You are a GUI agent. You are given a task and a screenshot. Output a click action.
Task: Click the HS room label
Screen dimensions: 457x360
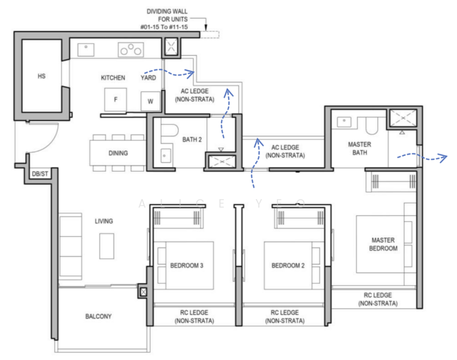point(41,76)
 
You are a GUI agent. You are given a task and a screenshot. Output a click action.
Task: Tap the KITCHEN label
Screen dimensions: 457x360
point(113,78)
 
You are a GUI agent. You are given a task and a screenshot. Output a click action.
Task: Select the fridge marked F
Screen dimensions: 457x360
point(115,100)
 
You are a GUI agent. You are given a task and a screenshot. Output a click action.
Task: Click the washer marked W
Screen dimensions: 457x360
point(150,101)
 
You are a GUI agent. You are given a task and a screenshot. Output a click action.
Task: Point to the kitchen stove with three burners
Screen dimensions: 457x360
point(130,50)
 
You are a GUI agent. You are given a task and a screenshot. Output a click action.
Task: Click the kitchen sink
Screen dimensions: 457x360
point(86,50)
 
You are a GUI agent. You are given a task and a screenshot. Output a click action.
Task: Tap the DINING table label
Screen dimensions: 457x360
point(118,153)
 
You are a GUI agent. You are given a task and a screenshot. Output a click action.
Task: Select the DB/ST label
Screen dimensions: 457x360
point(40,174)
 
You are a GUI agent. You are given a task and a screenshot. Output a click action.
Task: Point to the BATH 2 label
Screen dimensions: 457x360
point(192,140)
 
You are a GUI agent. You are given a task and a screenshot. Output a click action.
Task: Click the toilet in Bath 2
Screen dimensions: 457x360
point(169,130)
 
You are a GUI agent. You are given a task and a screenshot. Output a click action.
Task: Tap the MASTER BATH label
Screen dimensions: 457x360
point(360,148)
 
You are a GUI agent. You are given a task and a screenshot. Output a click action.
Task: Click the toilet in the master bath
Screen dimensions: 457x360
point(372,125)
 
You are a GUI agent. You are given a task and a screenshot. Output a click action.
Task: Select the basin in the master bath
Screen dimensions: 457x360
point(344,122)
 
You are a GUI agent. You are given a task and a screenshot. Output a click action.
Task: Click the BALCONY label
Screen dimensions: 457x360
point(98,316)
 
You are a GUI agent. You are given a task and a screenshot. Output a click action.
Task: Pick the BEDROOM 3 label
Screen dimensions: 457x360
point(187,265)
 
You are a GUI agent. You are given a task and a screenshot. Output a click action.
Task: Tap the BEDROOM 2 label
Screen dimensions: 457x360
point(288,265)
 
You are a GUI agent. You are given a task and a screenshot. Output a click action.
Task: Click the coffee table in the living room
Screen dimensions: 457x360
point(107,246)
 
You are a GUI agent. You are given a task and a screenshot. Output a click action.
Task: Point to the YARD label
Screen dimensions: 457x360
point(148,78)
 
